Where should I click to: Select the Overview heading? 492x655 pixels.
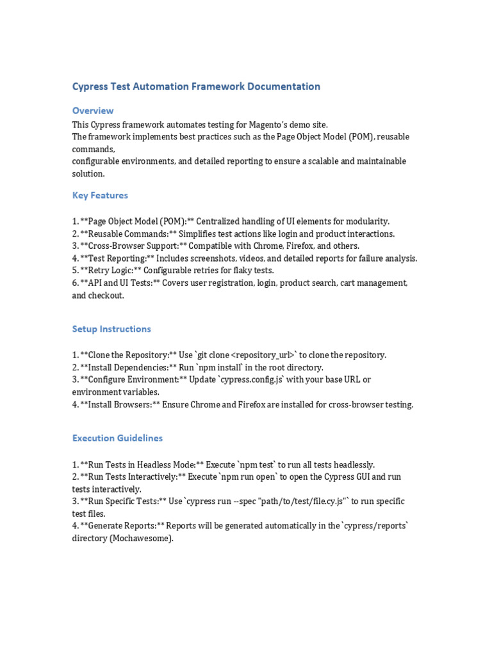click(93, 111)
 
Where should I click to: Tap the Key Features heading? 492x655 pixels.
click(100, 195)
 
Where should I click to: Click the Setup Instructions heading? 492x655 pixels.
click(111, 329)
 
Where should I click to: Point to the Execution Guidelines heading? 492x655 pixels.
click(117, 438)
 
